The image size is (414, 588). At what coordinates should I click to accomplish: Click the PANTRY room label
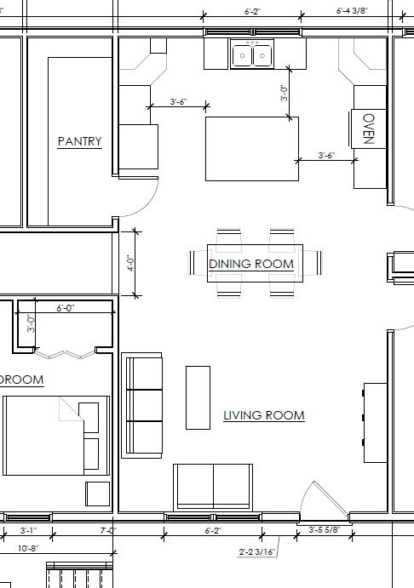(79, 141)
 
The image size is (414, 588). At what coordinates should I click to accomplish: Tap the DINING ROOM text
(251, 264)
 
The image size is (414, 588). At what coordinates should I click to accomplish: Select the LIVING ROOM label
(263, 415)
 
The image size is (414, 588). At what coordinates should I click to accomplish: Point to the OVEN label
(369, 129)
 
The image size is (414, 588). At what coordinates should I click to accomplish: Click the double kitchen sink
(252, 56)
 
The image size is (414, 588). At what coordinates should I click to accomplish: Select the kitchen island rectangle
(251, 149)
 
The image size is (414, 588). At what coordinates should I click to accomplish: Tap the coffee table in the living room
(198, 397)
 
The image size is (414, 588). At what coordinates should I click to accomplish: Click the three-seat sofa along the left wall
(142, 404)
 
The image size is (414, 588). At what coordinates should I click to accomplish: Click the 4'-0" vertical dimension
(130, 263)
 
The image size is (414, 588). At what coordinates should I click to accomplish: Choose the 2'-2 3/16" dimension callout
(258, 551)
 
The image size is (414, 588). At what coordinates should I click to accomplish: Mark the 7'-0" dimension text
(107, 530)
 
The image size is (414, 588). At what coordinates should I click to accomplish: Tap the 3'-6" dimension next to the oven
(326, 156)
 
